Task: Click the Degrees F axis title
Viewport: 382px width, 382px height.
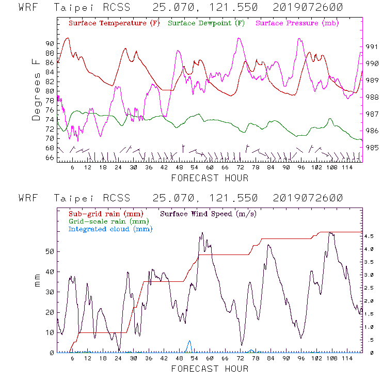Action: tap(36, 90)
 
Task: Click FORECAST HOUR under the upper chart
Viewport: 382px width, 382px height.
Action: tap(210, 178)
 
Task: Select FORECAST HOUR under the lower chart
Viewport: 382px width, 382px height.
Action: tap(210, 369)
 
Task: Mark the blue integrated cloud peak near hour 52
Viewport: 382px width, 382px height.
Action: tap(189, 341)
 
